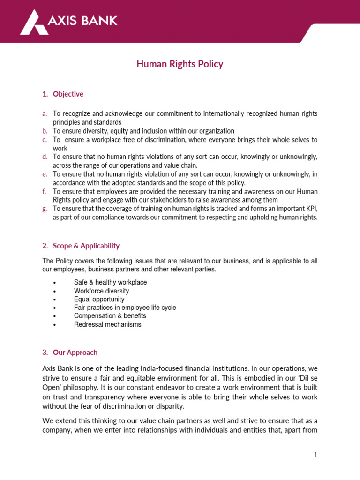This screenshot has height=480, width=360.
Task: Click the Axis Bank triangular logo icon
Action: (34, 22)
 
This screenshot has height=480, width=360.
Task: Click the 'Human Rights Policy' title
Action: (180, 64)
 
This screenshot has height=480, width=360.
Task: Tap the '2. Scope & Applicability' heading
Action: (81, 246)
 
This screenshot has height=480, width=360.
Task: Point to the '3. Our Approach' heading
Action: (70, 352)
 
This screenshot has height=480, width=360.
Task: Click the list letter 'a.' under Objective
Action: (45, 114)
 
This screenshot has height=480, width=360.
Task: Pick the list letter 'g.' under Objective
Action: (45, 209)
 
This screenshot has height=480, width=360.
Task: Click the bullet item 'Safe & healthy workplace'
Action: (110, 282)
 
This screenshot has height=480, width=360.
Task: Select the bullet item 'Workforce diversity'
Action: (101, 291)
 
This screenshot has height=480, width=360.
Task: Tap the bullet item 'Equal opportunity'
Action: (99, 299)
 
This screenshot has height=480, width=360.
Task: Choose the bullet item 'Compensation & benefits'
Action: (110, 316)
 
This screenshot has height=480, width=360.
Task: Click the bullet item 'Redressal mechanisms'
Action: (107, 324)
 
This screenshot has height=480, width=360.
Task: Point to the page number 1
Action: (316, 454)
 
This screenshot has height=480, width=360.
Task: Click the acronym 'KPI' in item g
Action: (311, 209)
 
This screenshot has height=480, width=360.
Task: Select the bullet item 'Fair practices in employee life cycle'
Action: (125, 307)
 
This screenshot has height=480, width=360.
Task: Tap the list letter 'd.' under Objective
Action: (45, 157)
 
